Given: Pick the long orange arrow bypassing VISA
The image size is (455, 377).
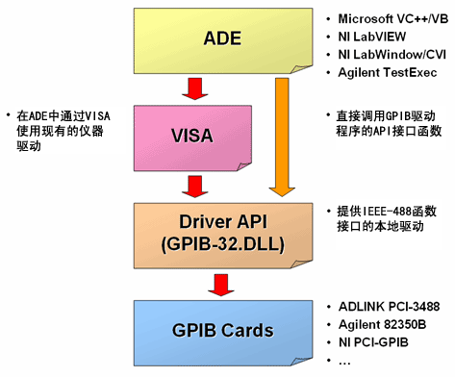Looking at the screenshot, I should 282,135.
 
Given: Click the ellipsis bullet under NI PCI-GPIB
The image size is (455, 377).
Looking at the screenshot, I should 344,359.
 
